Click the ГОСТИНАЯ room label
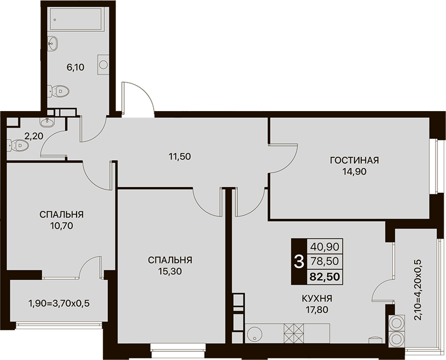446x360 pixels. click(x=354, y=160)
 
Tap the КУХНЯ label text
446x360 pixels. click(x=317, y=298)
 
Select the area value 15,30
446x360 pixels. click(x=170, y=272)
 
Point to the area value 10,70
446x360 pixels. click(x=62, y=226)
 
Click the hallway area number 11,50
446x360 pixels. click(x=179, y=156)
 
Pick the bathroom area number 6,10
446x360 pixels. click(x=76, y=67)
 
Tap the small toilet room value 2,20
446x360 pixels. click(x=33, y=136)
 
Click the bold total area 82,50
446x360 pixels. click(x=325, y=277)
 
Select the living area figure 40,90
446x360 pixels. click(x=325, y=246)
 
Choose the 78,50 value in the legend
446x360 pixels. click(x=325, y=261)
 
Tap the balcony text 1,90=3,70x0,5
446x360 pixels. click(x=59, y=303)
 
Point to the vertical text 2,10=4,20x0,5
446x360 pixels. click(x=418, y=290)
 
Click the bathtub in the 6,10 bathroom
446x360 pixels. click(x=76, y=19)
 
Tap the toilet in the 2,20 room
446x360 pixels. click(x=18, y=146)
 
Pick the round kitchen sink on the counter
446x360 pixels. click(x=254, y=333)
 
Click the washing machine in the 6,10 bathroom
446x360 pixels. click(x=103, y=65)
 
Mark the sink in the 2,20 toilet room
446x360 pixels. click(x=47, y=122)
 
